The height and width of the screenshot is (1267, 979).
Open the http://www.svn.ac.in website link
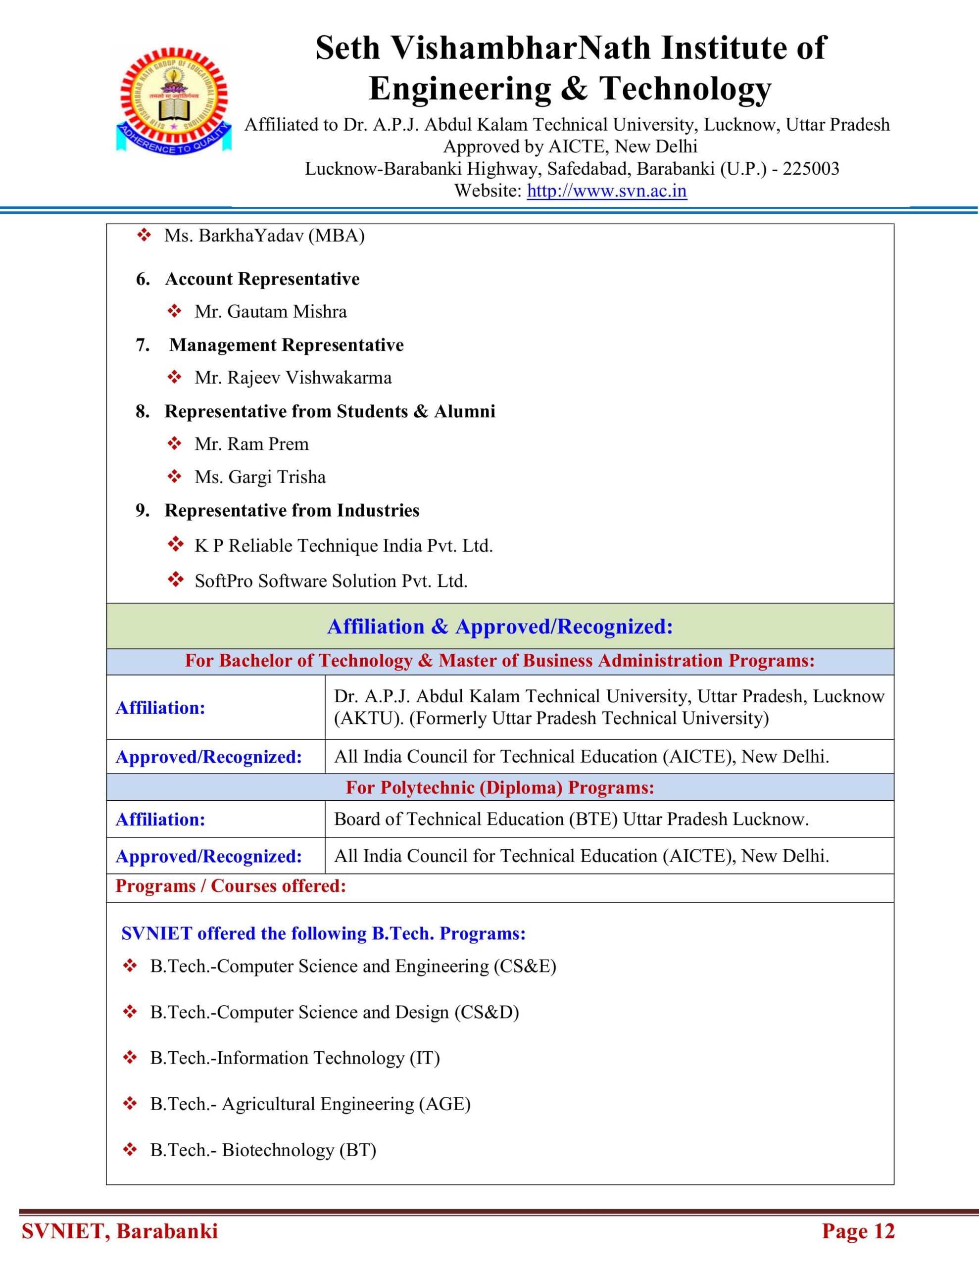606,191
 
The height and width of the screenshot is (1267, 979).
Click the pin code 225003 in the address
811,169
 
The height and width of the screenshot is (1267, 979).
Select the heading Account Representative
262,279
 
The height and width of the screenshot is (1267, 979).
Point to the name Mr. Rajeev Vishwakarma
293,378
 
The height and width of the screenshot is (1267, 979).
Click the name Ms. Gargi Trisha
260,477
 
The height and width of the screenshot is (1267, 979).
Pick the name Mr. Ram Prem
251,444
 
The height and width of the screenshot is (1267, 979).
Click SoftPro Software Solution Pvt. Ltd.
331,581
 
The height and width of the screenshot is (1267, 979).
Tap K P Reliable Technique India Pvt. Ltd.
343,546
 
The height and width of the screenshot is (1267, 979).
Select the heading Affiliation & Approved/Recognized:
500,627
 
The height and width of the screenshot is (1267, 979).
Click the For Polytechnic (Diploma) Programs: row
500,787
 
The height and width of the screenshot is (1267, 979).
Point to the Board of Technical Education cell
571,819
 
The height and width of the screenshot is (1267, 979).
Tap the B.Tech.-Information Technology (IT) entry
295,1058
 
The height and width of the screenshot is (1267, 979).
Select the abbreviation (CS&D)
487,1012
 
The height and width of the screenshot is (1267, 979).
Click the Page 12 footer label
858,1231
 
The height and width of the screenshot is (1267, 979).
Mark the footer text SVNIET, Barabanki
120,1231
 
